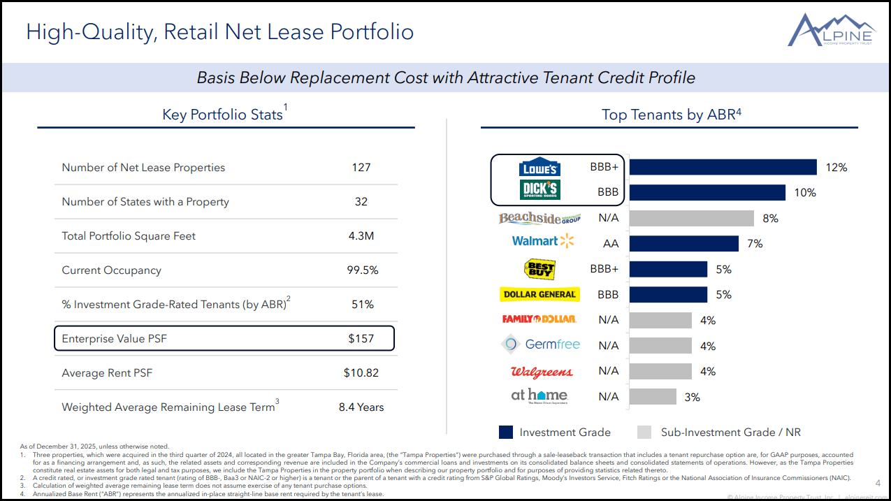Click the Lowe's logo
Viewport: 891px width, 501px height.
coord(540,168)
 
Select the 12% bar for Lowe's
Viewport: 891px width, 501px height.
coord(723,167)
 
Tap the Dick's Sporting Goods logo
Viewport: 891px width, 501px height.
coord(540,191)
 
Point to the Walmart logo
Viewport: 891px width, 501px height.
coord(543,241)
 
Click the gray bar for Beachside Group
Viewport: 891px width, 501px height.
coord(692,218)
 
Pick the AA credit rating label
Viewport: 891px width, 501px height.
coord(611,244)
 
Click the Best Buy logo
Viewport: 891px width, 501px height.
coord(539,269)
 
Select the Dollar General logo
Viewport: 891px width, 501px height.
coord(539,295)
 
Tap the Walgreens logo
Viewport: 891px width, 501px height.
coord(542,372)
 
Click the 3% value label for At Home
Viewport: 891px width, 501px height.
coord(692,397)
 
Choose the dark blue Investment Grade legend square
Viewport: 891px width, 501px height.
coord(506,432)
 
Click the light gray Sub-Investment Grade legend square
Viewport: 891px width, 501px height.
coord(644,432)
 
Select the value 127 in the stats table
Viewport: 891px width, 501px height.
coord(361,168)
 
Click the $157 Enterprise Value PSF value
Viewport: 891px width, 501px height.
coord(361,339)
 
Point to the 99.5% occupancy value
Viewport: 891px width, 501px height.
coord(363,270)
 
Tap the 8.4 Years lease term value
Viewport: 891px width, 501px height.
coord(361,407)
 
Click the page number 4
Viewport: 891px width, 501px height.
coord(878,483)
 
